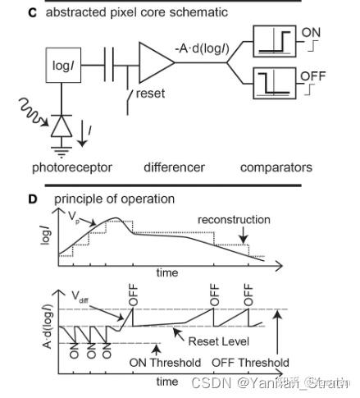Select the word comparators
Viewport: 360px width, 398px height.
coord(276,167)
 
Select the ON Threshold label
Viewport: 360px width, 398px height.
coord(165,362)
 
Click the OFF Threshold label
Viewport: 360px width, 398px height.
coord(250,362)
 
